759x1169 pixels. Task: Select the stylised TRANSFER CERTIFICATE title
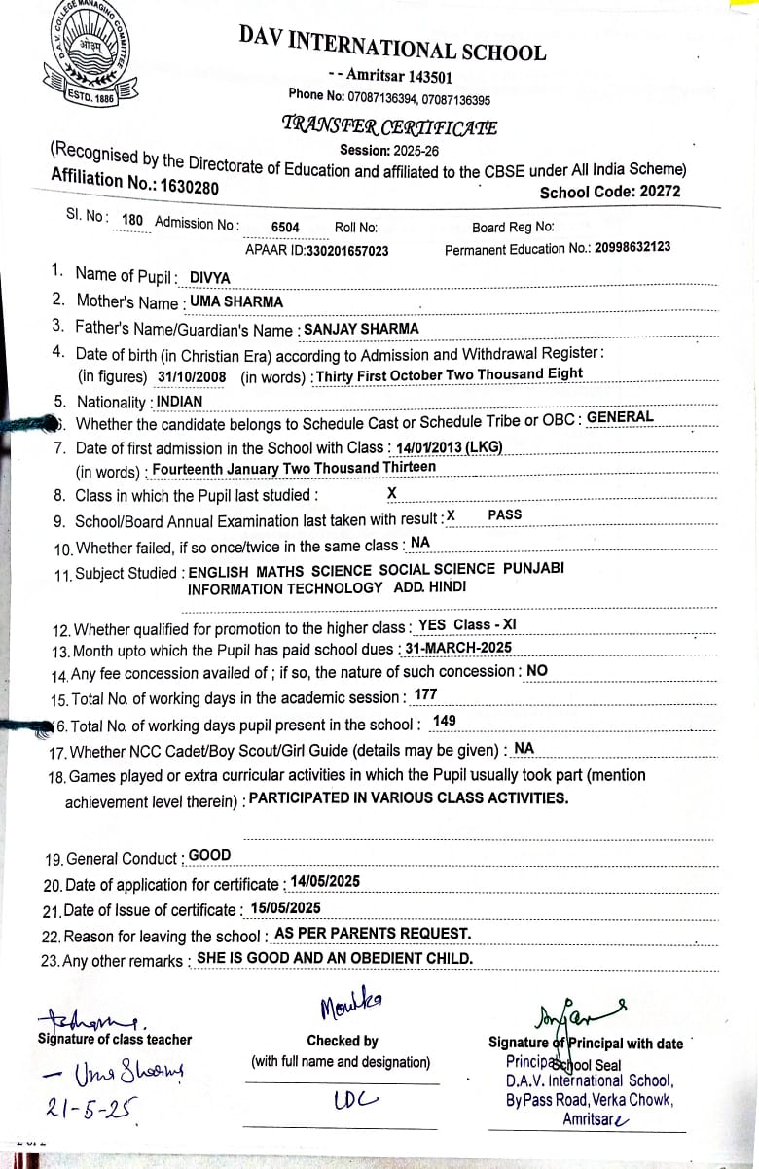[389, 125]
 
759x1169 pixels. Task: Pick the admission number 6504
[285, 227]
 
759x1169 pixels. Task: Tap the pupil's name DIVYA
[210, 277]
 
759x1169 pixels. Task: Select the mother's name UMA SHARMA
[236, 301]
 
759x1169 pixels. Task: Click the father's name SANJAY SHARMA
[362, 329]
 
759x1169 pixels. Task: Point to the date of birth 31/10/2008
[192, 376]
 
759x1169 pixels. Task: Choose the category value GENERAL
[621, 417]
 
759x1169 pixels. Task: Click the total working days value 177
[425, 694]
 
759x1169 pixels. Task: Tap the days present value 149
[444, 721]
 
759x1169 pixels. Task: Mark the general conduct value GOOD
[210, 855]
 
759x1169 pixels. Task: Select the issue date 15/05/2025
[285, 907]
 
